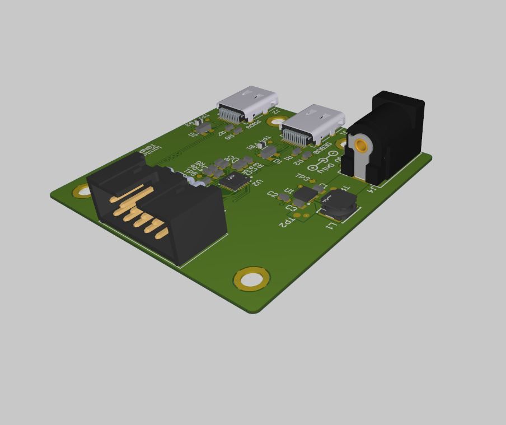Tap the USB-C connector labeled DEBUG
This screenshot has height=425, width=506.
312,125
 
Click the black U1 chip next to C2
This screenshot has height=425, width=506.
306,195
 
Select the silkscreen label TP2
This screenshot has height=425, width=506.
285,222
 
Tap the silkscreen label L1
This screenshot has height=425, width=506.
331,226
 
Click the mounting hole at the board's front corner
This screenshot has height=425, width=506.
252,278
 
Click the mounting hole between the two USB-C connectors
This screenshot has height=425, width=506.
277,121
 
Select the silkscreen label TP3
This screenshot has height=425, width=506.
303,178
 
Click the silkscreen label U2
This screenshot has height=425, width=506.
256,183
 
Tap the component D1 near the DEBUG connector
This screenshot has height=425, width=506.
269,151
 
